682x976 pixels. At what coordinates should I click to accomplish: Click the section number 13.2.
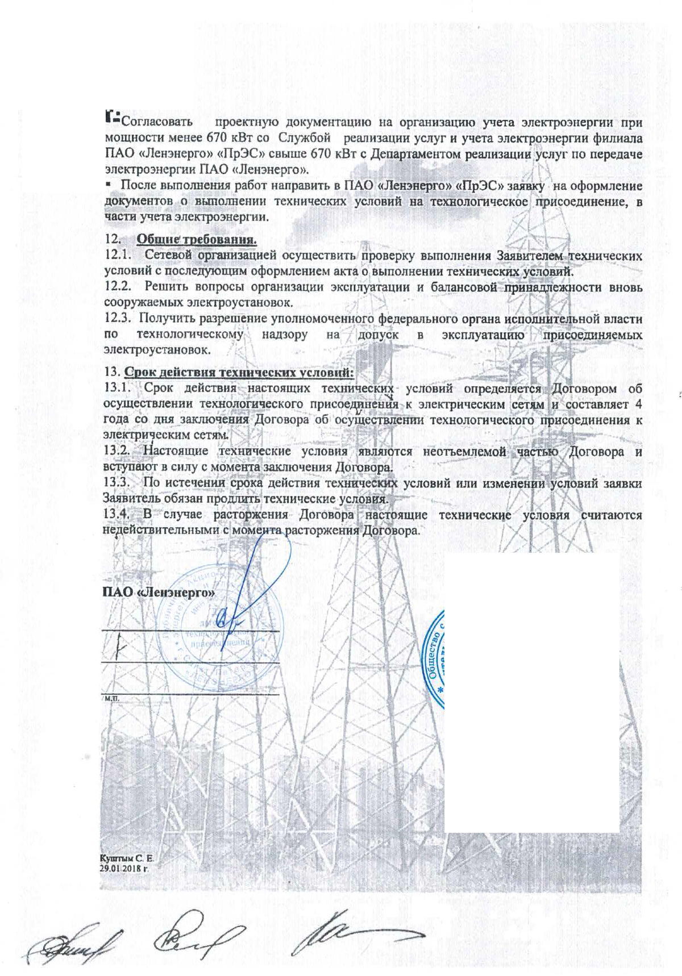point(118,452)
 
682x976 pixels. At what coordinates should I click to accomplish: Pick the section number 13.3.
point(118,483)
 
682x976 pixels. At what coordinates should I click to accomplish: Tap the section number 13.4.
point(118,515)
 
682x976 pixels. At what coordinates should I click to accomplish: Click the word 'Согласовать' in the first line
point(156,122)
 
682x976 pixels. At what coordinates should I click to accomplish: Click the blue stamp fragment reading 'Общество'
point(436,653)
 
